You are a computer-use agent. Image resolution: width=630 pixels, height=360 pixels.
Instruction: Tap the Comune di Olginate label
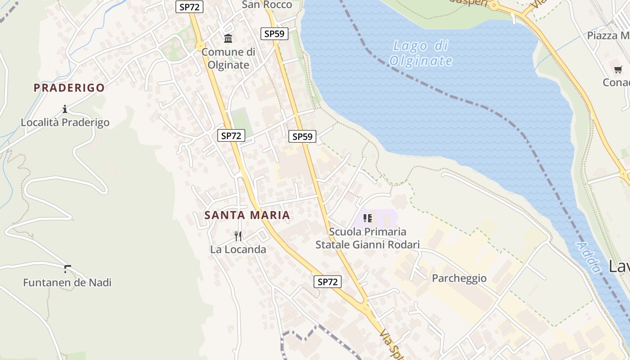tap(228, 58)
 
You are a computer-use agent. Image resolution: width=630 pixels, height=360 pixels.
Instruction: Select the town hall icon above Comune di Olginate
tap(228, 39)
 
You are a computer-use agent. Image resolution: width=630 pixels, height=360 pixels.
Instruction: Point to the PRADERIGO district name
tap(69, 88)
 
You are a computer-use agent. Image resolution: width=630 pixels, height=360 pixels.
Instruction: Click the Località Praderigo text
tap(65, 122)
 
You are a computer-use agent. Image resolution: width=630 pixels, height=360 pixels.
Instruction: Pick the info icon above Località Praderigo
tap(65, 109)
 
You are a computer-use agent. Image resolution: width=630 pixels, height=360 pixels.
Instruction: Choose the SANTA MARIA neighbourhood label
tap(247, 215)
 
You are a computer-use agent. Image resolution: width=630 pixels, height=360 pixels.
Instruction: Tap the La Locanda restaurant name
tap(238, 249)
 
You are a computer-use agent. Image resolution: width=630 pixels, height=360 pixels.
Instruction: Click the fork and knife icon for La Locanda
tap(238, 236)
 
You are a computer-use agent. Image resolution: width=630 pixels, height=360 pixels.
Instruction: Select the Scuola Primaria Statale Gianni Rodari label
tap(367, 238)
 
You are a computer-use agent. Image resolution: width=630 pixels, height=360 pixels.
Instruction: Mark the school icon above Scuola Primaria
tap(367, 218)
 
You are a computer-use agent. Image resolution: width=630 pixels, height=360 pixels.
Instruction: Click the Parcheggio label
tap(459, 278)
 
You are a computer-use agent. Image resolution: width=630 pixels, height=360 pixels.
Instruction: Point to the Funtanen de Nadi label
tap(67, 283)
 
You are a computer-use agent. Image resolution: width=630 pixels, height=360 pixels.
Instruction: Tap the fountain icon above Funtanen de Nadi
tap(67, 269)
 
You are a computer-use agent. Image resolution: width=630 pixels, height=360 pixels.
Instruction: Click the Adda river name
tap(589, 258)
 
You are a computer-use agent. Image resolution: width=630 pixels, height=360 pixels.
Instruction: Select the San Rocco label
tap(267, 5)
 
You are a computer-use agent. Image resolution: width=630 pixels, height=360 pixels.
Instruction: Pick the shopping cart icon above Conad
tap(618, 69)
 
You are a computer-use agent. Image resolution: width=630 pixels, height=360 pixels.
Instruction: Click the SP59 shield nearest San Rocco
tap(274, 34)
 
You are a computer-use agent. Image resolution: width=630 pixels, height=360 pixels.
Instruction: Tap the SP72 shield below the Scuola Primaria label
tap(327, 282)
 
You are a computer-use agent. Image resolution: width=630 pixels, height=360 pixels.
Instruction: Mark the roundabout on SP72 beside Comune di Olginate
tap(199, 45)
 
